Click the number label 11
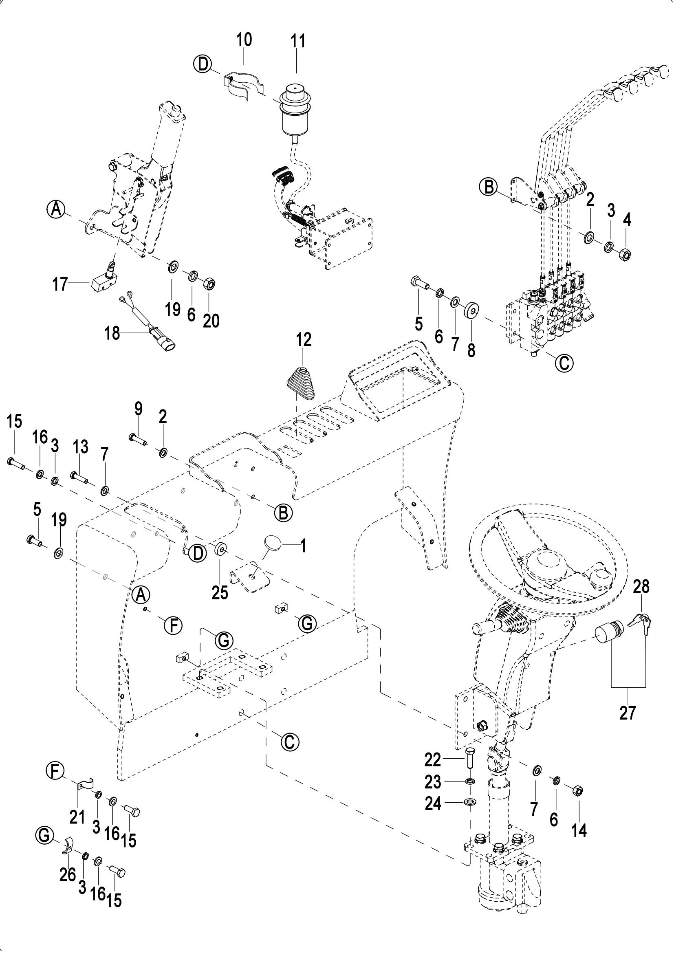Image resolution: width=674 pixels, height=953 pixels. (297, 42)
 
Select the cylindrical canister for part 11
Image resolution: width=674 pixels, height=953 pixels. (295, 108)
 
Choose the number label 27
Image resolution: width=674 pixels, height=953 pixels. (627, 713)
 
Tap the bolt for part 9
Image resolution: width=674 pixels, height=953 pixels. (138, 438)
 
